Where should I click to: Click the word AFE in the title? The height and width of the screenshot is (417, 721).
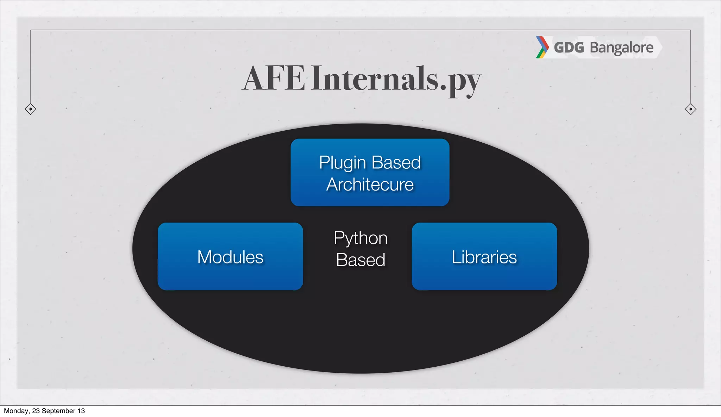coord(274,78)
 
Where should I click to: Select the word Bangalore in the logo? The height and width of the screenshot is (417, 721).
coord(621,48)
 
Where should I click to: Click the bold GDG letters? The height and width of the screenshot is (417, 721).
coord(569,48)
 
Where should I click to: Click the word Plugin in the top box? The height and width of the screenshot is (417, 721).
coord(343,163)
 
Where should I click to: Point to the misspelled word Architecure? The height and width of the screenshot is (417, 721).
coord(370,185)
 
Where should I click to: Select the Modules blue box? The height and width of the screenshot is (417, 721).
coord(230,256)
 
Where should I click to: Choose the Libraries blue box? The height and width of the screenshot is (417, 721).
coord(484,256)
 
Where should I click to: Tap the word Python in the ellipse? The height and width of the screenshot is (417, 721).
coord(360,238)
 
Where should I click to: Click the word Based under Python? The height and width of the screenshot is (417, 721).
coord(360,260)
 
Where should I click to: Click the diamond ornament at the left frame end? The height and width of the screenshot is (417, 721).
coord(31,109)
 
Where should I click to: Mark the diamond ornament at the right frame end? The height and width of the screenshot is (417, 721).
coord(691,109)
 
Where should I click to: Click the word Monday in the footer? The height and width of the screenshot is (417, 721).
coord(16,411)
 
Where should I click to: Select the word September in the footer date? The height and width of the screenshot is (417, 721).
coord(58,411)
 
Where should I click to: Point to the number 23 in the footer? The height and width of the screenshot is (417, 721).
coord(36,411)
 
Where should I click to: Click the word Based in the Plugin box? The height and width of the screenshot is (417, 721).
coord(396,163)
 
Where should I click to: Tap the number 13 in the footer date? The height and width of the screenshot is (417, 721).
coord(81,411)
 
